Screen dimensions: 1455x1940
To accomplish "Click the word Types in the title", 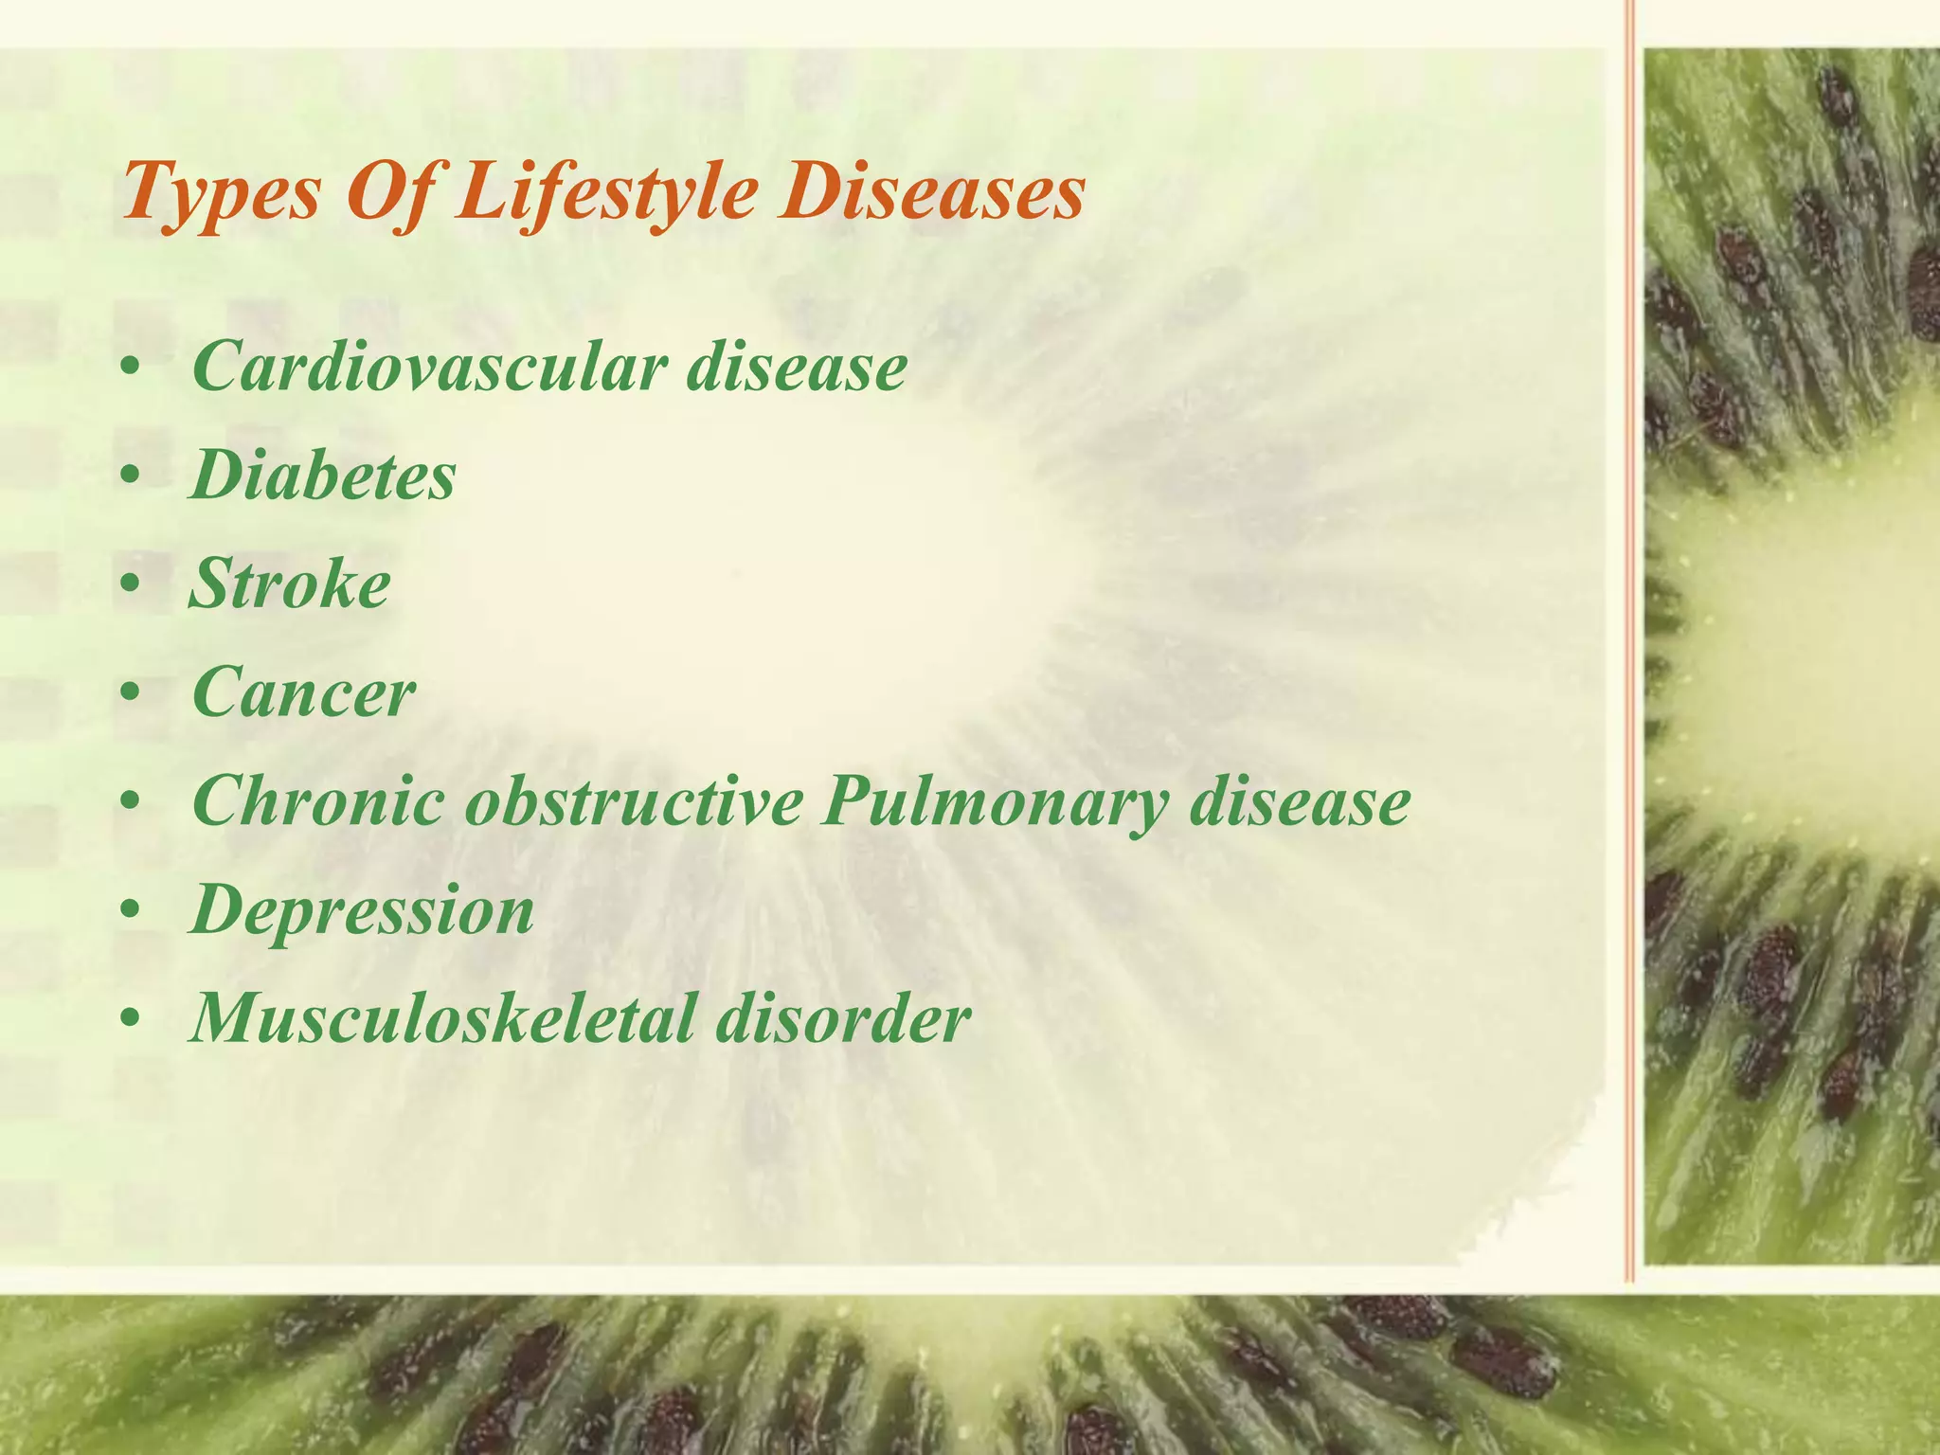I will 221,192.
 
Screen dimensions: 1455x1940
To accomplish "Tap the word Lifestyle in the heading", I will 606,192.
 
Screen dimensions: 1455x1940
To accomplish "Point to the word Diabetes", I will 323,476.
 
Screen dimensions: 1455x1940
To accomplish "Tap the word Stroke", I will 290,584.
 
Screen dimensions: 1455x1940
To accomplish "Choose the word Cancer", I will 303,693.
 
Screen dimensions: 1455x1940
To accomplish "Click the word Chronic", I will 317,802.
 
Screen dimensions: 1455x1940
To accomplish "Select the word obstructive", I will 634,802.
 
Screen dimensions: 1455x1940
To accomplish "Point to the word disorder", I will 843,1020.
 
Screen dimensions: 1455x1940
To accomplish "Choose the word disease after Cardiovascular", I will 797,367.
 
